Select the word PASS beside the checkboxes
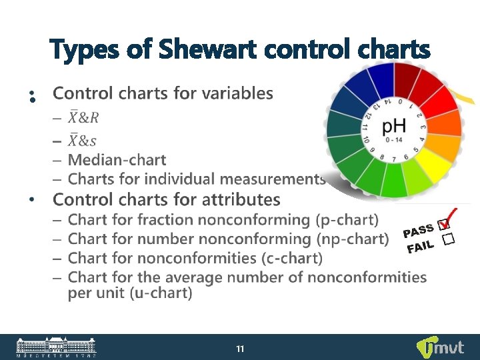417,230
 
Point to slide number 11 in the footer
240,348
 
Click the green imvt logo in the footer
441,347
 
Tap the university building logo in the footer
57,347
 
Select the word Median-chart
117,160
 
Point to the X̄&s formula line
83,139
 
